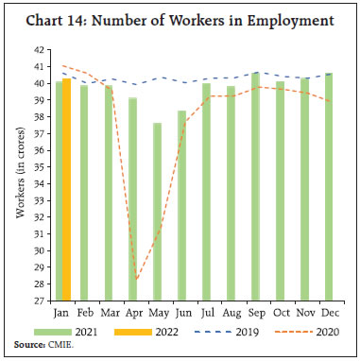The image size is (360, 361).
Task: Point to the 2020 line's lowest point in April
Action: pos(137,279)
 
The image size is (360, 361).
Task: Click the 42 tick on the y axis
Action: pos(39,49)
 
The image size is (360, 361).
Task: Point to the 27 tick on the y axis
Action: pos(39,301)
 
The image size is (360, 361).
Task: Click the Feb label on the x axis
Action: pos(84,311)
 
